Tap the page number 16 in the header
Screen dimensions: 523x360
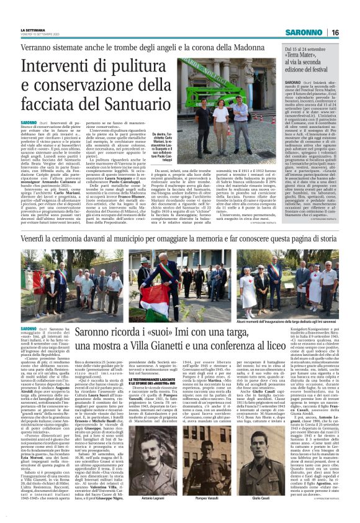[351, 32]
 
